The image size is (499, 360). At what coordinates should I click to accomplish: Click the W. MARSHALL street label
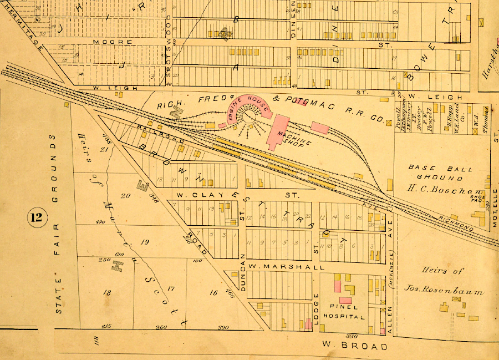287,267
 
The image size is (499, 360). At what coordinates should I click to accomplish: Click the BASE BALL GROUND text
436,173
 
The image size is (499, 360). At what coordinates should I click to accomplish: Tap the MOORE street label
113,42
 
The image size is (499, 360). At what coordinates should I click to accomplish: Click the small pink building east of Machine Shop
320,128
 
